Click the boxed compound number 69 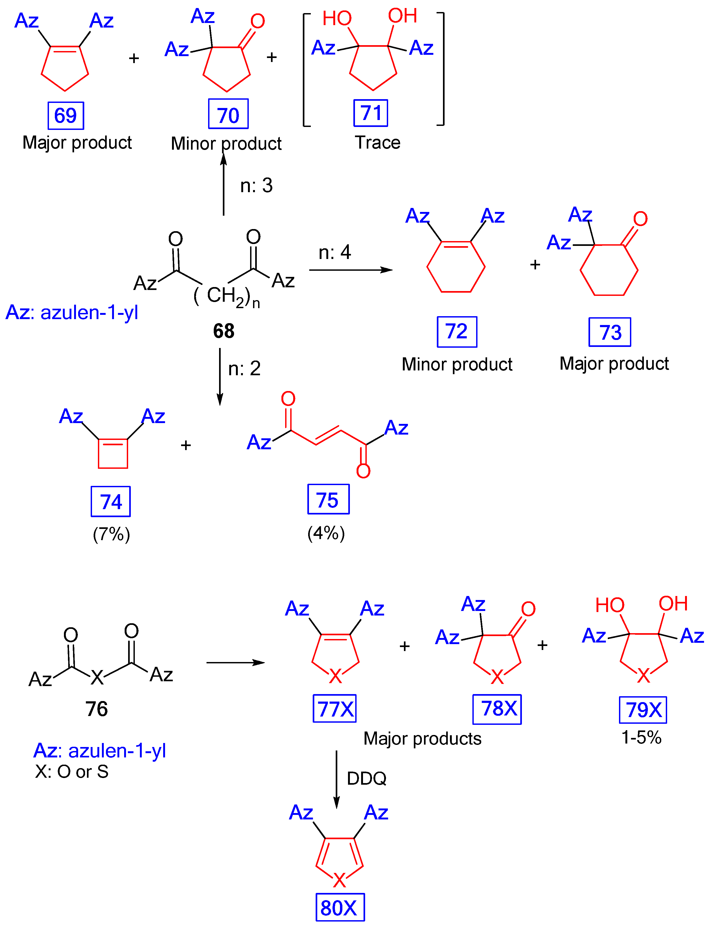point(66,115)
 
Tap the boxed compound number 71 point(371,113)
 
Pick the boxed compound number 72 point(457,331)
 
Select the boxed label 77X point(335,709)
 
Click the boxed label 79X point(643,710)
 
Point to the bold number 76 point(97,709)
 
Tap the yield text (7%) point(111,534)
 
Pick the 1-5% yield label point(641,738)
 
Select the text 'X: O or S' point(72,772)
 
